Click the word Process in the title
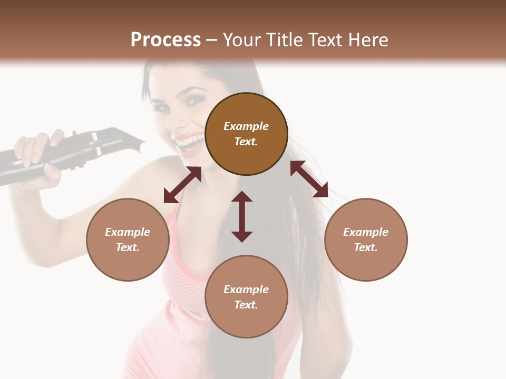[166, 40]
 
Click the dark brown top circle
[246, 134]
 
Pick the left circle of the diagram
[128, 240]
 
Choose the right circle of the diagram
[366, 240]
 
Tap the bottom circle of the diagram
[246, 297]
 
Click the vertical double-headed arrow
[242, 216]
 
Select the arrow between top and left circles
[182, 185]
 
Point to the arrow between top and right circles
[309, 179]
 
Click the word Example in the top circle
[246, 126]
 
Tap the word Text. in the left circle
[128, 247]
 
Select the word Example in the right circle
[366, 232]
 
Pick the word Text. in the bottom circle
[246, 305]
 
